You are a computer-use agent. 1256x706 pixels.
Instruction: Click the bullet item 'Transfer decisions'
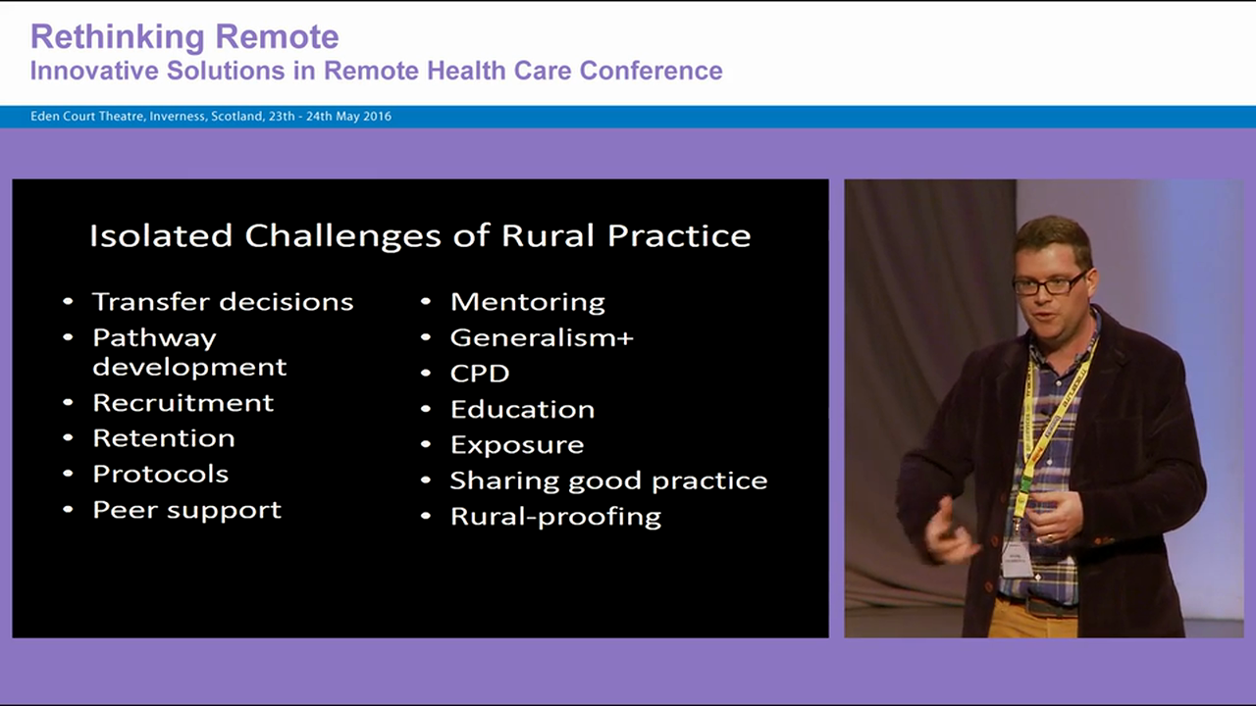pos(223,302)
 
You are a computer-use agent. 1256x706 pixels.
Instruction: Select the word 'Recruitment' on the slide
pos(183,403)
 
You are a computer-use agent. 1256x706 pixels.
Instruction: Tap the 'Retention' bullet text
pos(163,438)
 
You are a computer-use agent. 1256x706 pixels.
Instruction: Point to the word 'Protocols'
pos(160,474)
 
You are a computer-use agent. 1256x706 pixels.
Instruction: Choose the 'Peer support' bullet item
pos(186,510)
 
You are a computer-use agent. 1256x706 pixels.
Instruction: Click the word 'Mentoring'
pos(527,302)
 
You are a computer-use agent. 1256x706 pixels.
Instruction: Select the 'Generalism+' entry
pos(542,338)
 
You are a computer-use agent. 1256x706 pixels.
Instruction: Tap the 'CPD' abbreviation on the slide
pos(480,374)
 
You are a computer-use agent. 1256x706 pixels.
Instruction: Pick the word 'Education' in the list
pos(522,409)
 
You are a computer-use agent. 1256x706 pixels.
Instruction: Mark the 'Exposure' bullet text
pos(516,445)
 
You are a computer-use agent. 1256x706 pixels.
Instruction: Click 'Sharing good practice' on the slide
pos(608,480)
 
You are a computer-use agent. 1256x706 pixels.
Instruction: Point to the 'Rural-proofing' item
pos(555,517)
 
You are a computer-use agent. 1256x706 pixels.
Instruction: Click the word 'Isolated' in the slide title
pos(161,235)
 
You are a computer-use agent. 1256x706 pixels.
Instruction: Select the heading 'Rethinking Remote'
pos(184,37)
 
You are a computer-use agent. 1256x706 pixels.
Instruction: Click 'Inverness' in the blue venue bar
pos(179,117)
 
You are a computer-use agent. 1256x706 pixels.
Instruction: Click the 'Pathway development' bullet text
pos(189,352)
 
